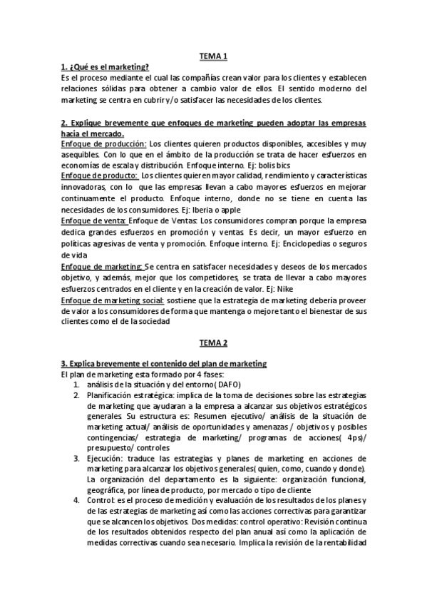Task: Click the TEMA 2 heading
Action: click(x=212, y=342)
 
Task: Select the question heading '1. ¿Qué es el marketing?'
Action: click(x=105, y=66)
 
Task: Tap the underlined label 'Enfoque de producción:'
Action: click(x=103, y=143)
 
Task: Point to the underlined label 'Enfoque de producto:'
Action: click(x=100, y=175)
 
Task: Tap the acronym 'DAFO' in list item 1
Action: click(x=227, y=385)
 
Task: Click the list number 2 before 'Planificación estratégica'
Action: click(x=76, y=395)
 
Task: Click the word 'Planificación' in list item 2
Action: click(x=111, y=395)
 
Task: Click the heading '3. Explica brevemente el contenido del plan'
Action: click(x=164, y=364)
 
